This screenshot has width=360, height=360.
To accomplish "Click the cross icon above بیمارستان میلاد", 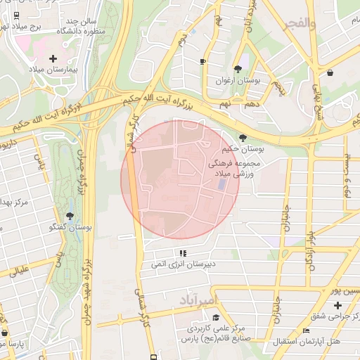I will [53, 58].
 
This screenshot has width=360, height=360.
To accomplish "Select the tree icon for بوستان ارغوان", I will [238, 68].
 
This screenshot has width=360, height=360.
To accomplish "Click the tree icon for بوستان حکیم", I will [243, 138].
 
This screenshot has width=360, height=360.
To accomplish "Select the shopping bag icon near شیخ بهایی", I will [330, 72].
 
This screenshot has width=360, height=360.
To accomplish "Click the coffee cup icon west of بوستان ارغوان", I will [202, 62].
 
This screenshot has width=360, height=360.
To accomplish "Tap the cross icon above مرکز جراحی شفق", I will [338, 305].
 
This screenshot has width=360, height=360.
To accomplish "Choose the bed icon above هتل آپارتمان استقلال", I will [305, 331].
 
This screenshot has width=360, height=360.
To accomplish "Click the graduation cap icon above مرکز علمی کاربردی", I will [215, 317].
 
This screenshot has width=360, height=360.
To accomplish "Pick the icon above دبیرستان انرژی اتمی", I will [183, 253].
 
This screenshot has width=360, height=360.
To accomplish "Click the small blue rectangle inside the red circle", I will [221, 185].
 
